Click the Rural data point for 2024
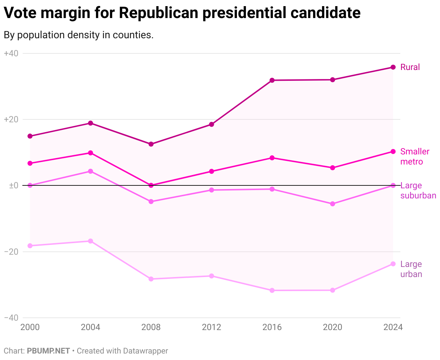pyautogui.click(x=393, y=67)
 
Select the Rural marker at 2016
pyautogui.click(x=272, y=80)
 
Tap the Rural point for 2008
pyautogui.click(x=151, y=144)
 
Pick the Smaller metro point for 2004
pyautogui.click(x=91, y=153)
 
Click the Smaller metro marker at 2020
pyautogui.click(x=333, y=168)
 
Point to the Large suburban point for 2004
pyautogui.click(x=91, y=171)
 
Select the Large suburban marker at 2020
pyautogui.click(x=333, y=204)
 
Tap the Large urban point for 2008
pyautogui.click(x=151, y=279)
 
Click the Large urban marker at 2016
pyautogui.click(x=272, y=290)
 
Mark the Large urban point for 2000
pyautogui.click(x=30, y=246)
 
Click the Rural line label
pyautogui.click(x=410, y=67)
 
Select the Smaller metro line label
pyautogui.click(x=415, y=157)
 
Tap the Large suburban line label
pyautogui.click(x=418, y=190)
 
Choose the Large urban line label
pyautogui.click(x=411, y=269)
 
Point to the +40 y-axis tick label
pyautogui.click(x=11, y=53)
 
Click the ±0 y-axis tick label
pyautogui.click(x=13, y=185)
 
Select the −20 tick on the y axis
pyautogui.click(x=11, y=252)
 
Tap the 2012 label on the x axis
pyautogui.click(x=212, y=327)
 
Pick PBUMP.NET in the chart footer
pyautogui.click(x=48, y=351)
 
